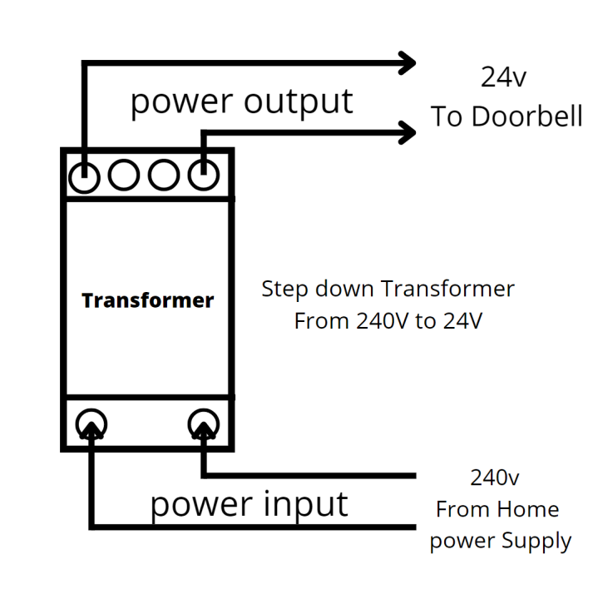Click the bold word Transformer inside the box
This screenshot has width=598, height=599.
147,300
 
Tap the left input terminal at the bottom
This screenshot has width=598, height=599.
91,425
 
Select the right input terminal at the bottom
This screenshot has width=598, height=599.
203,425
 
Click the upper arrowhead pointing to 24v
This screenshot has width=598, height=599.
406,62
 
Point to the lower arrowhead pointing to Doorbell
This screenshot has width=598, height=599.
406,131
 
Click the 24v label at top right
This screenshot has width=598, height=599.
503,77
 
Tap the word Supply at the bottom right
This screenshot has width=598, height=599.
536,542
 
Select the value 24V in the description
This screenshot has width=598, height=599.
462,321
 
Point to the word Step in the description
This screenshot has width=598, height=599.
284,290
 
